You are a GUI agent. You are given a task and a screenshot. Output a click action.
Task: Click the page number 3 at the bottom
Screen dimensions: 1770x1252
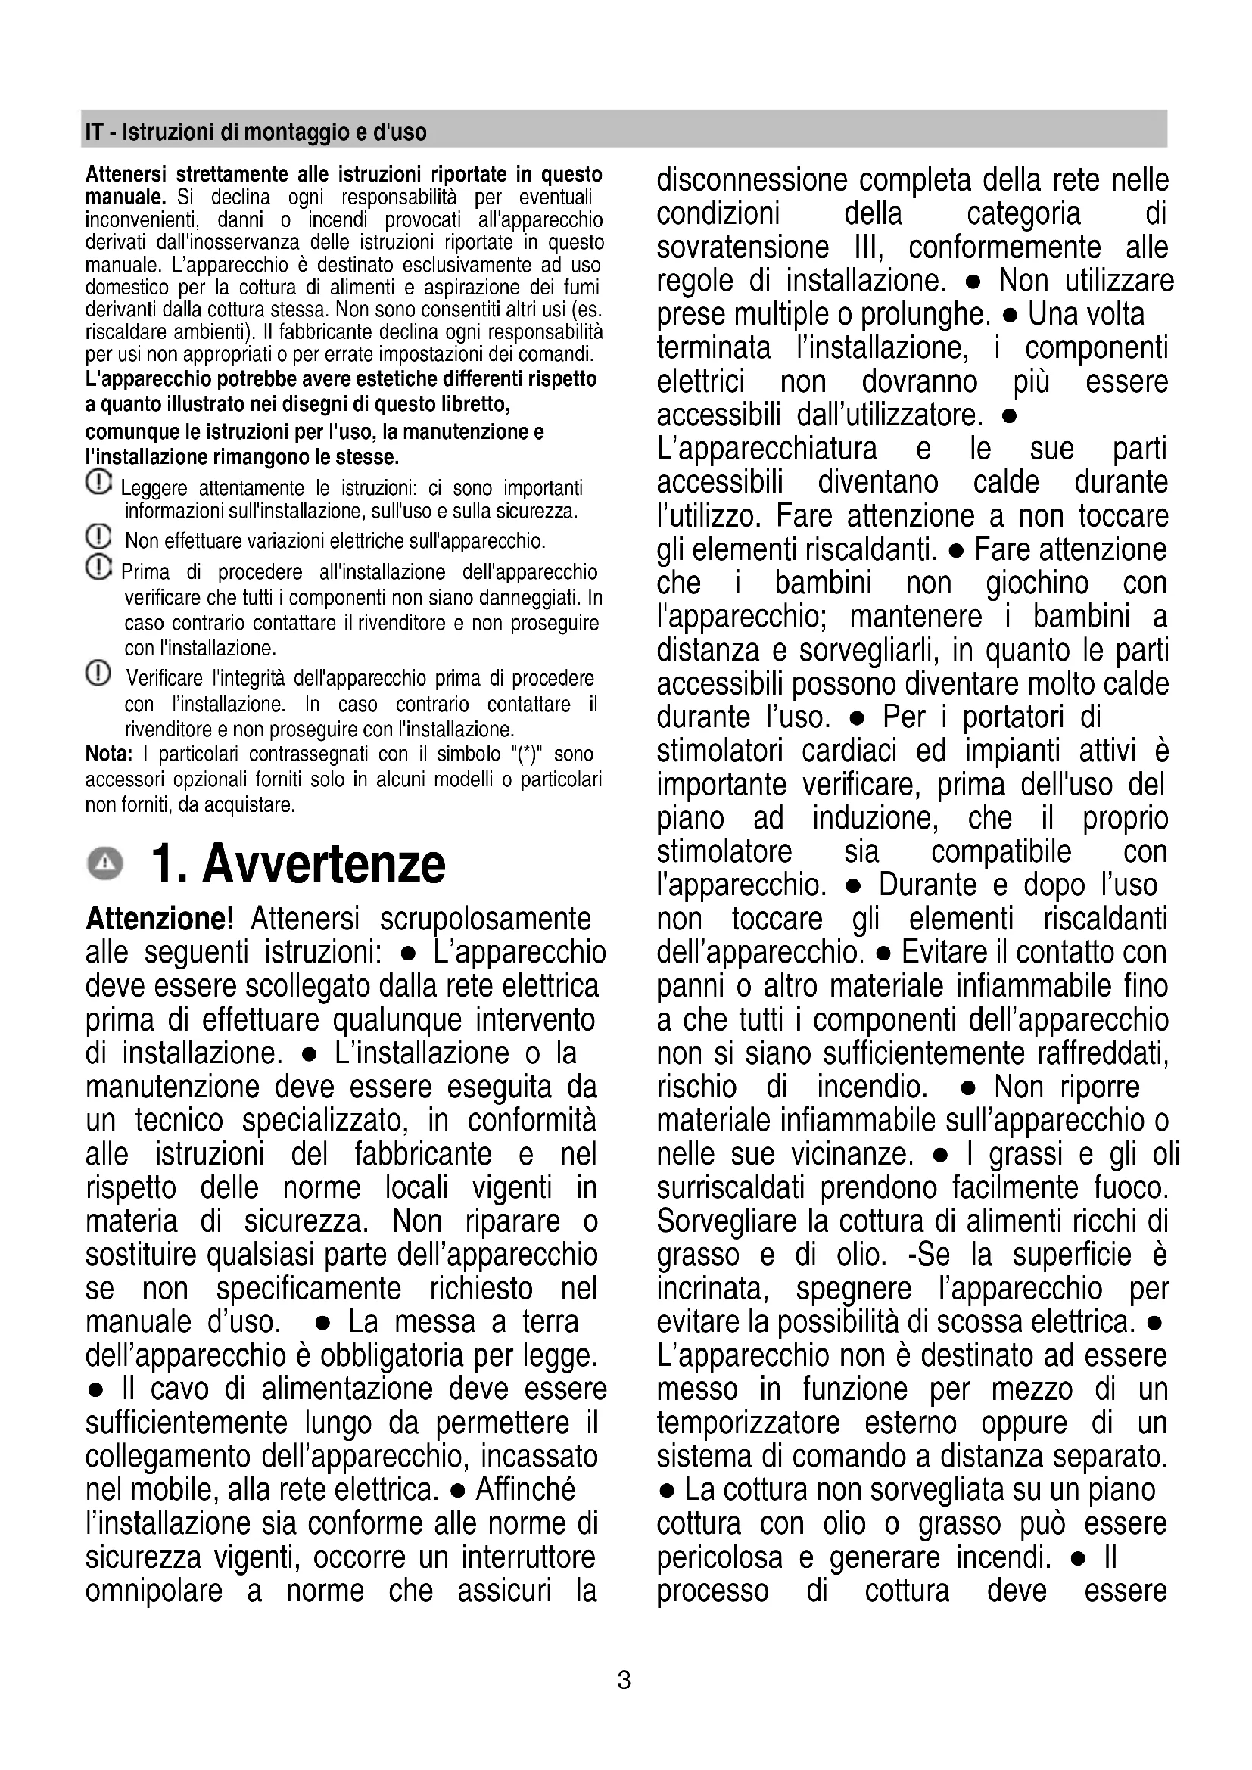click(624, 1680)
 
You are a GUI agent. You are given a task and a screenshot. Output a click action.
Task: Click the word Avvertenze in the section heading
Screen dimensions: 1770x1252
click(324, 864)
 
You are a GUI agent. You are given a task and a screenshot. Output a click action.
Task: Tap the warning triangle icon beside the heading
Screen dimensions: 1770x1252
click(105, 863)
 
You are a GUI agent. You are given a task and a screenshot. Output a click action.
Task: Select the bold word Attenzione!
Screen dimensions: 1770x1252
click(160, 919)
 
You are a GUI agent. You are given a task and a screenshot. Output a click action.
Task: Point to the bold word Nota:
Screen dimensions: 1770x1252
click(109, 753)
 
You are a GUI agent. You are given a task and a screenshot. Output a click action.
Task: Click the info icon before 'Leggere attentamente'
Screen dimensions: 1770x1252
click(98, 484)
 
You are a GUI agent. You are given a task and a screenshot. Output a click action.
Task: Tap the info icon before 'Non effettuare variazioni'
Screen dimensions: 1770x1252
click(98, 536)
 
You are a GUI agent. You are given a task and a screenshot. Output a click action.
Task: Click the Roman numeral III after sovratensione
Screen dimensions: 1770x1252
click(868, 247)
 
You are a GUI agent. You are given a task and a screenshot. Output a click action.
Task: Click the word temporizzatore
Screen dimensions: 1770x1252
click(748, 1423)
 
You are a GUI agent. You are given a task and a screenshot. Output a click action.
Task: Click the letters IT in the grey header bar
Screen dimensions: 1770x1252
click(93, 132)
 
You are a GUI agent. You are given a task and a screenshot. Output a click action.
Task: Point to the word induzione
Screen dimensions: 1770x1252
click(875, 818)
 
